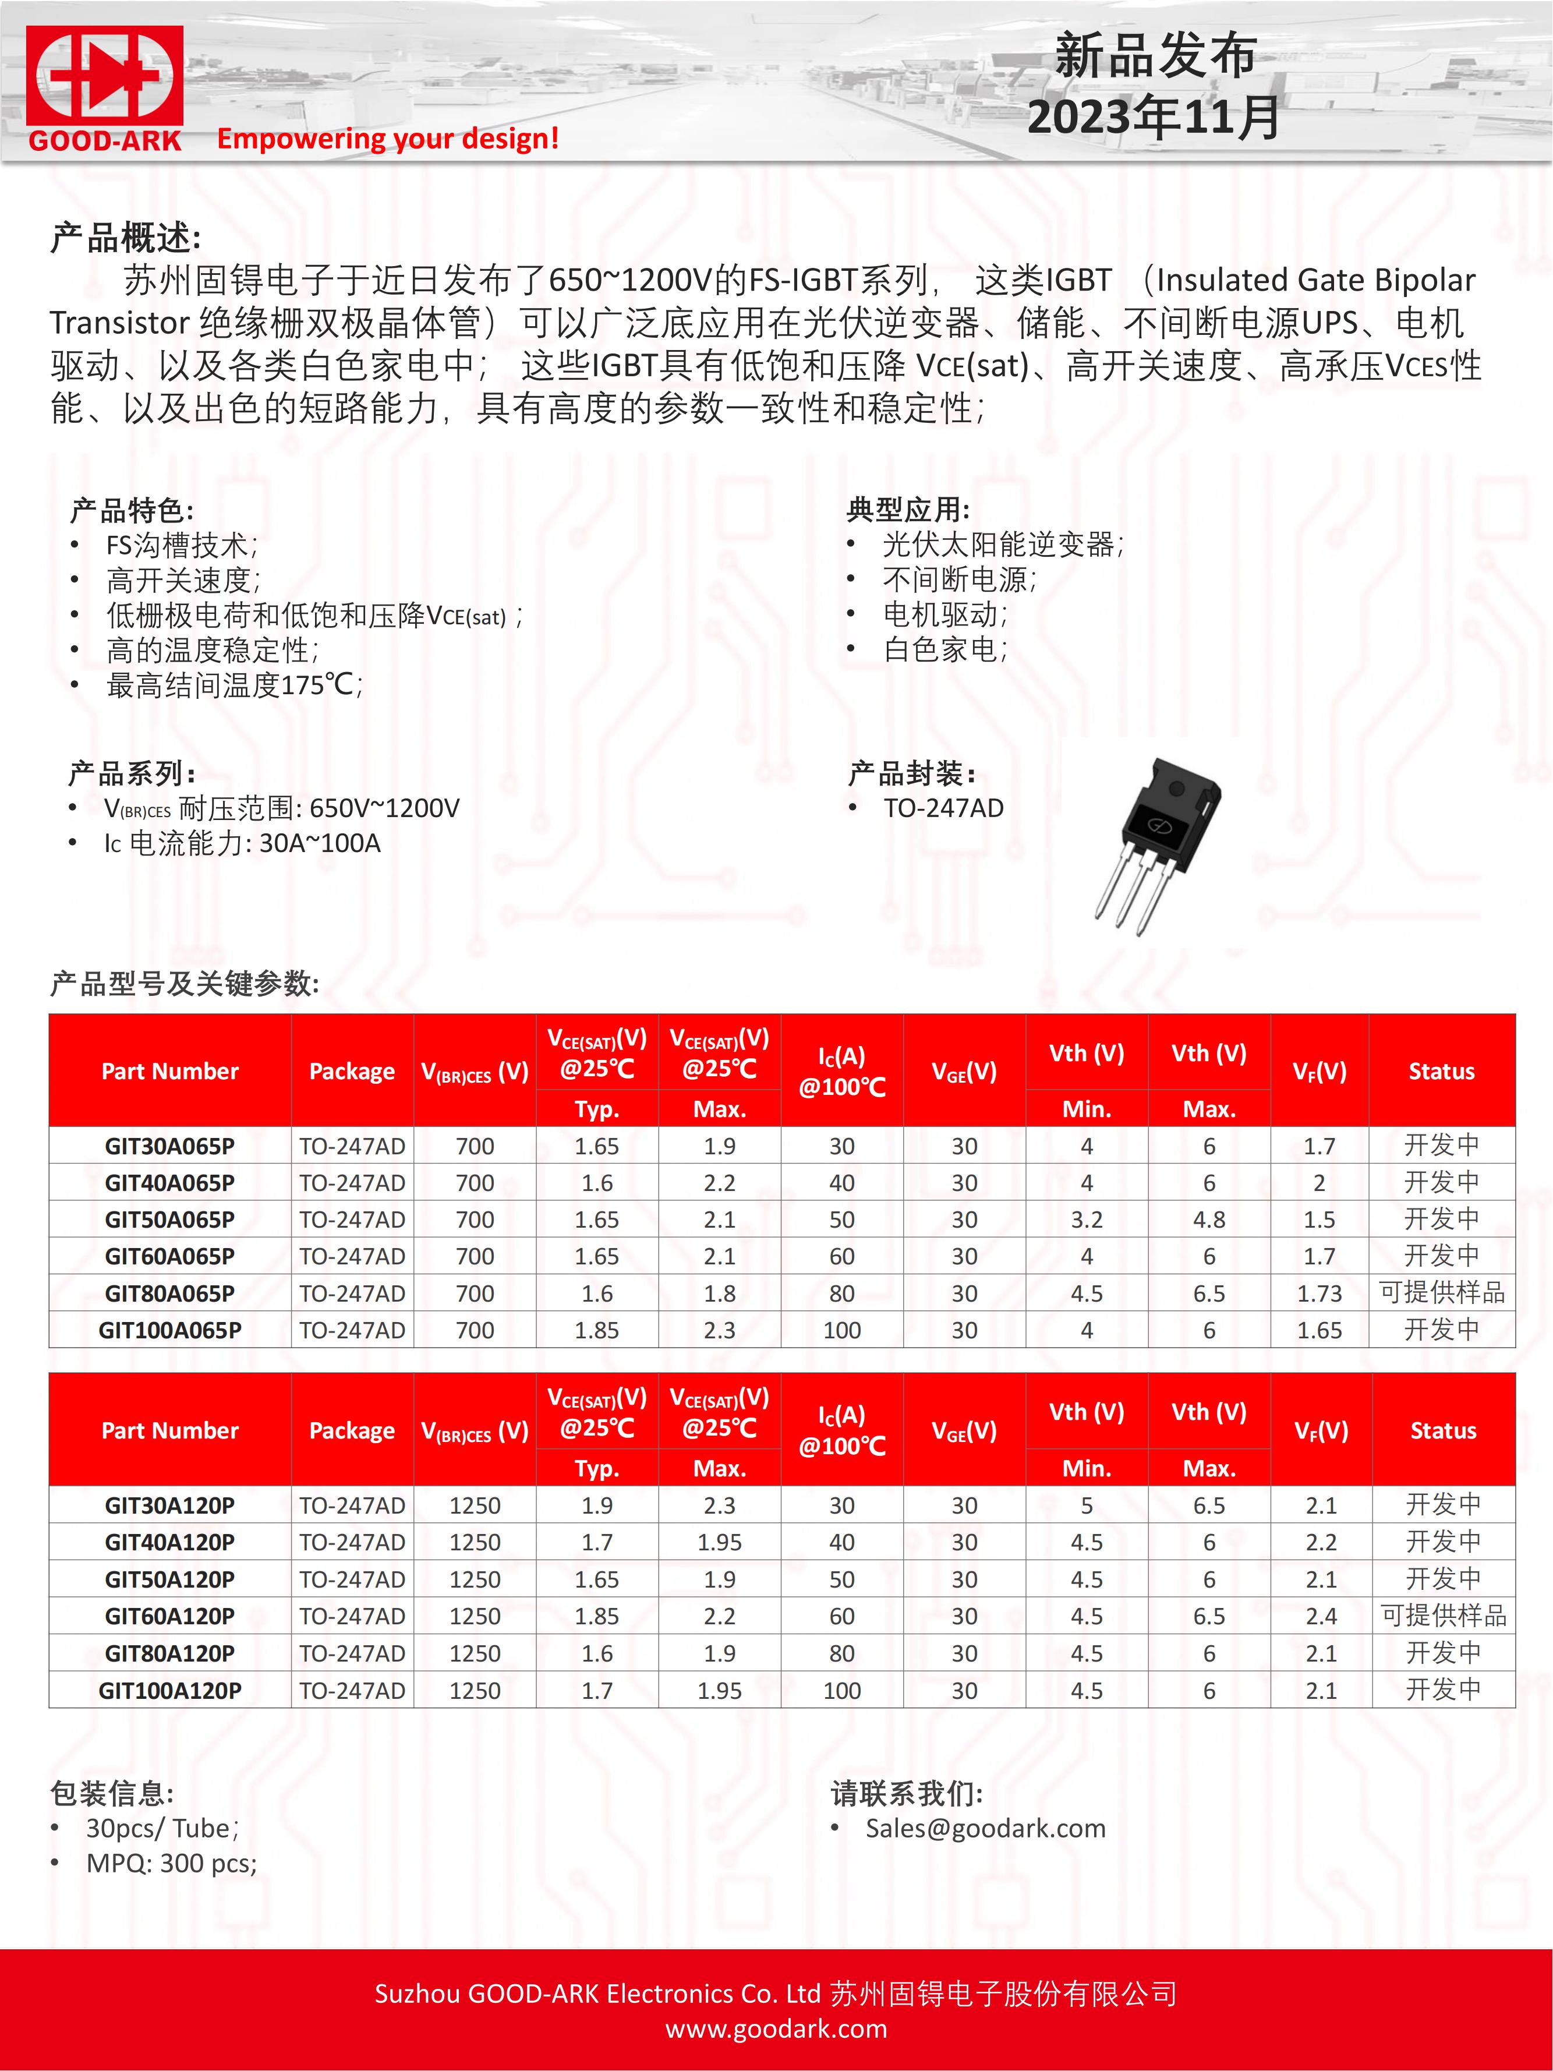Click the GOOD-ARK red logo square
[x=104, y=77]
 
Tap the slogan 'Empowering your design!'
[x=388, y=139]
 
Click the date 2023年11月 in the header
[x=1154, y=118]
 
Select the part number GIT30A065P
[x=169, y=1146]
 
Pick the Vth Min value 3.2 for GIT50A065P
[x=1086, y=1220]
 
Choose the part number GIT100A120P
[x=169, y=1690]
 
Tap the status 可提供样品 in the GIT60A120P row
[x=1442, y=1616]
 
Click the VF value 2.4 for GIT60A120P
[x=1321, y=1616]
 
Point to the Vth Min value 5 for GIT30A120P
[x=1086, y=1505]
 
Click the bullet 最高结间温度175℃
[x=234, y=685]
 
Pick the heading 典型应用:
[x=908, y=510]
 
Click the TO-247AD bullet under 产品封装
[x=943, y=808]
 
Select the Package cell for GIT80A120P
[x=352, y=1653]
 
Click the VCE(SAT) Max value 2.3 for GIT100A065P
[x=719, y=1330]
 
